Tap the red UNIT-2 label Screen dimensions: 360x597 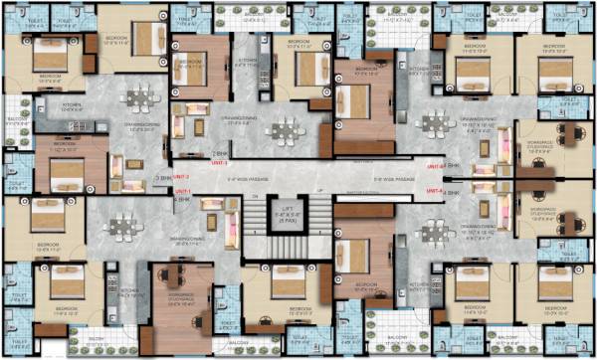pyautogui.click(x=182, y=174)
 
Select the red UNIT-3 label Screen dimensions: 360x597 pyautogui.click(x=220, y=163)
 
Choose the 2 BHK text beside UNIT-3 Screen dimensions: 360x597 pyautogui.click(x=222, y=155)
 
